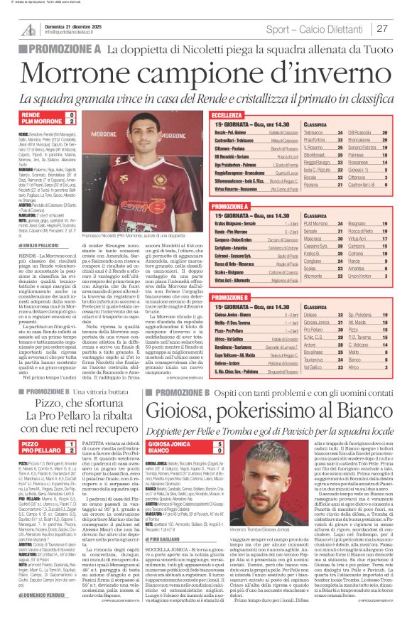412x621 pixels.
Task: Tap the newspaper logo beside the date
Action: tap(28, 28)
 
